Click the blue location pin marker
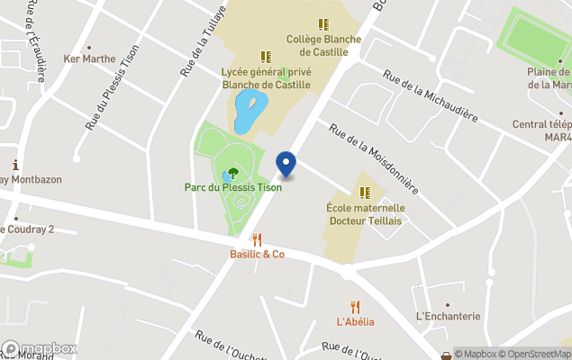(x=286, y=164)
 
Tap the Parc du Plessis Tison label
(x=232, y=187)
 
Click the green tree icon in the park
(x=233, y=171)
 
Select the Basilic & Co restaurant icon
(x=257, y=239)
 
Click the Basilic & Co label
(x=257, y=255)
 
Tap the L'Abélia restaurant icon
(x=355, y=307)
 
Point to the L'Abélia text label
(x=355, y=322)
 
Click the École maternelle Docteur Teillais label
(x=365, y=214)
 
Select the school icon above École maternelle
(x=365, y=193)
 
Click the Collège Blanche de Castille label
(x=323, y=45)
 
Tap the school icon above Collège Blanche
(x=323, y=24)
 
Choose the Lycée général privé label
(x=266, y=78)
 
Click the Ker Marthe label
(x=89, y=59)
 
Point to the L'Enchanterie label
(x=448, y=317)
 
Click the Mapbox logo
(x=40, y=348)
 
